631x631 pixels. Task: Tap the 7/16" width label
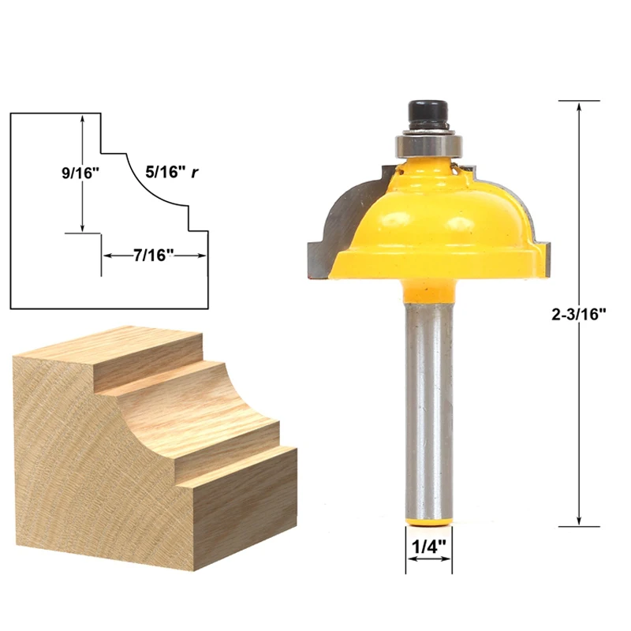click(x=153, y=256)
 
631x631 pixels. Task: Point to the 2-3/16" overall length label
click(x=579, y=314)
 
